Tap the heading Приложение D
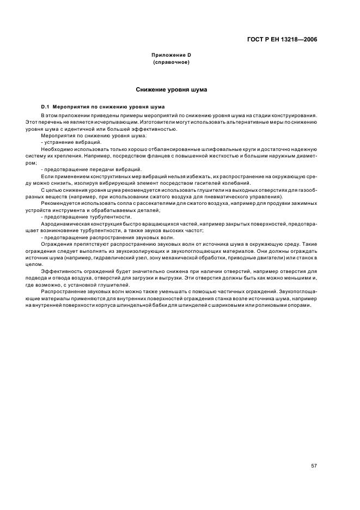tap(171, 56)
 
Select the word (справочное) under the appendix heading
tap(171, 63)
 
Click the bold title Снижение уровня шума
tap(171, 89)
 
